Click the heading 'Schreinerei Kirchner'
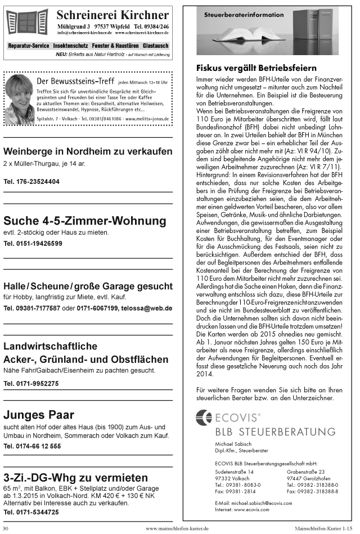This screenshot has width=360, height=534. coord(112,15)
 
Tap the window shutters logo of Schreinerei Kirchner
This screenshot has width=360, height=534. coord(27,21)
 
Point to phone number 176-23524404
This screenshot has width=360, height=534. coord(31,182)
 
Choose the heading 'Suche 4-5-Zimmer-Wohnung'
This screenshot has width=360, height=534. coord(80,220)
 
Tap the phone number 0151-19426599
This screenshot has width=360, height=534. coord(33,244)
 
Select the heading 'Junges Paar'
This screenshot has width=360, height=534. coord(39,415)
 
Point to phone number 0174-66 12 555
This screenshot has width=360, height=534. coord(33,446)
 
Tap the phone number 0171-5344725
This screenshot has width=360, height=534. coord(31,512)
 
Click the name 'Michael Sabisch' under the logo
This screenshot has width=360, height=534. coord(232,445)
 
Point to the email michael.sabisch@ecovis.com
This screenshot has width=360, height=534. coord(268,502)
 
